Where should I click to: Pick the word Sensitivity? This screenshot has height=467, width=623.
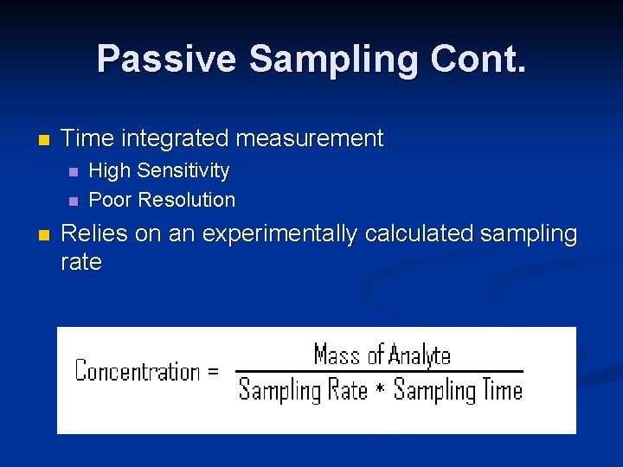(x=185, y=170)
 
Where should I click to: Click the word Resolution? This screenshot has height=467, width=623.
(x=187, y=200)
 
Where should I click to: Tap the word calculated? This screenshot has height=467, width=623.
(x=421, y=233)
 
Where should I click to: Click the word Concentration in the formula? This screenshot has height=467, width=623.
(x=138, y=372)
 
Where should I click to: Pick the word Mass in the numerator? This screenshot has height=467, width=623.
(x=337, y=355)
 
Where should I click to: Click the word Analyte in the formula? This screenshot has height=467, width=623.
(x=420, y=355)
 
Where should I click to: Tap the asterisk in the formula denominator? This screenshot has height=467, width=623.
(x=380, y=392)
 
